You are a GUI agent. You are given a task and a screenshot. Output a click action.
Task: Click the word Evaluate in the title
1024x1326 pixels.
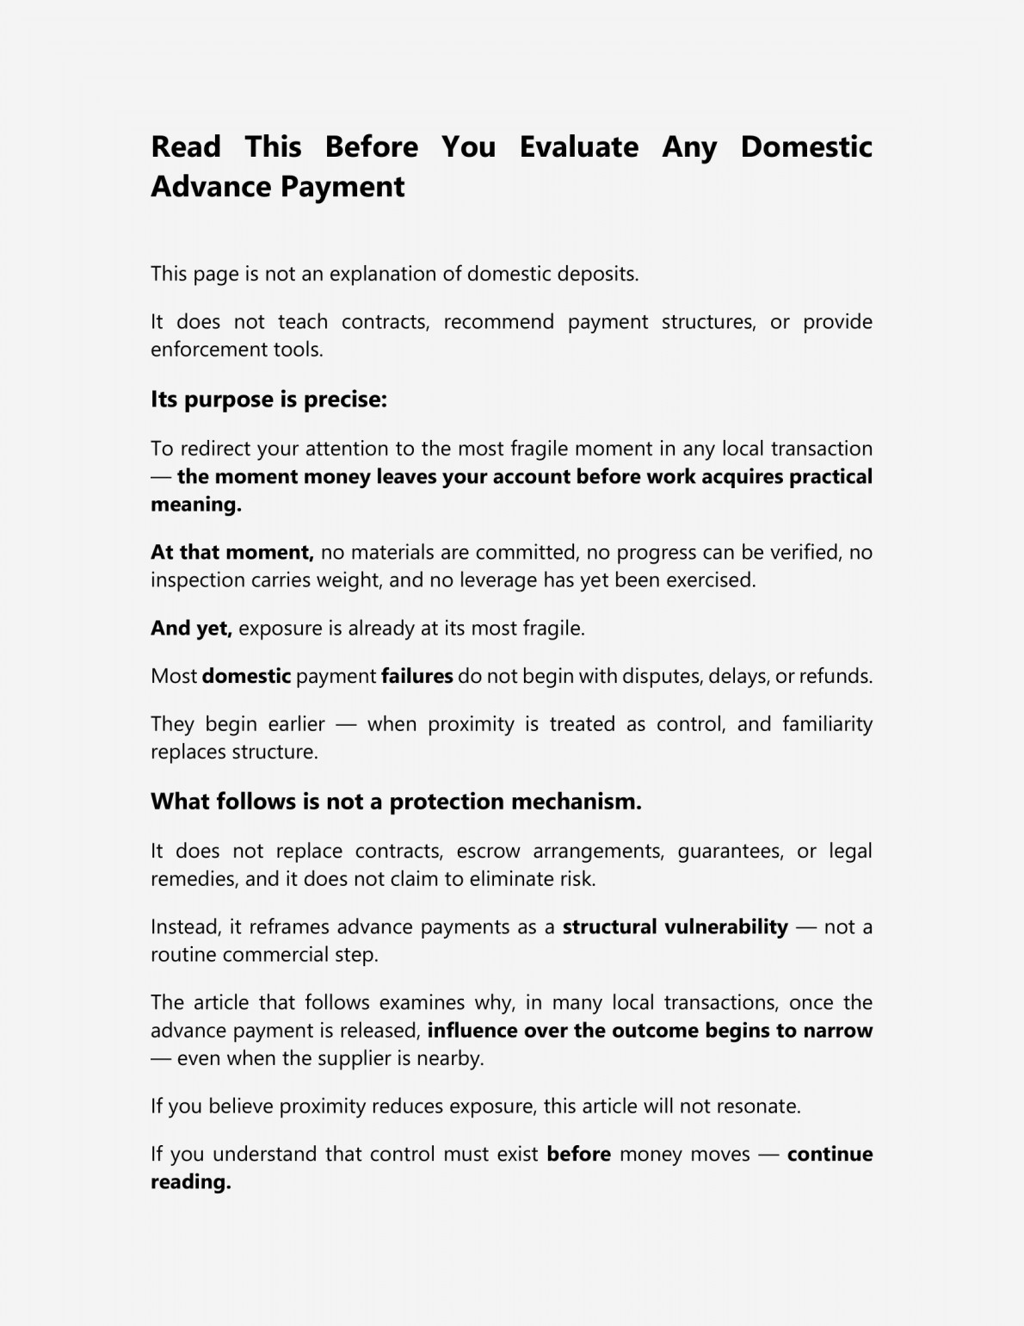[x=578, y=146]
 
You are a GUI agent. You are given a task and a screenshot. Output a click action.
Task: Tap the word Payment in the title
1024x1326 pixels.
[x=342, y=187]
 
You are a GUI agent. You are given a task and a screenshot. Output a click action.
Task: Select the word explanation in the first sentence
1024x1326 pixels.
[x=383, y=274]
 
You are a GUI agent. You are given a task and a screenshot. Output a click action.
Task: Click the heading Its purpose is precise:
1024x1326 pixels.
[x=268, y=400]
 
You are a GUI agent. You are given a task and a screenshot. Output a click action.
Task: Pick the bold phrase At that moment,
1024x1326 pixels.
[x=231, y=552]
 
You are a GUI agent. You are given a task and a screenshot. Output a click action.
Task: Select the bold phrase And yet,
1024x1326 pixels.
[x=191, y=628]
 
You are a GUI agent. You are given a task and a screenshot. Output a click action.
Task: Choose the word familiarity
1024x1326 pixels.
[x=827, y=724]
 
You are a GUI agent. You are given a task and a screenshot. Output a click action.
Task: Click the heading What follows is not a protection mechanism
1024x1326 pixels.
[x=396, y=802]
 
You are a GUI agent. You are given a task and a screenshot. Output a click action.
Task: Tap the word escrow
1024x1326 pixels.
[x=488, y=852]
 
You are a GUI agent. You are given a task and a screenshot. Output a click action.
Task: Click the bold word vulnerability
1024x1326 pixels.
[x=726, y=927]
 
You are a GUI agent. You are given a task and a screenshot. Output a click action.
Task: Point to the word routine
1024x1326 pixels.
[x=183, y=955]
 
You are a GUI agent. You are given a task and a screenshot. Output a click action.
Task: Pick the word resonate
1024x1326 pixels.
[x=760, y=1106]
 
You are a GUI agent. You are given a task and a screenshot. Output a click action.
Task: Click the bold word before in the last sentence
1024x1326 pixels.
[x=578, y=1155]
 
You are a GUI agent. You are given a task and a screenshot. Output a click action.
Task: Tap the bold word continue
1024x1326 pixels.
[x=830, y=1155]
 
